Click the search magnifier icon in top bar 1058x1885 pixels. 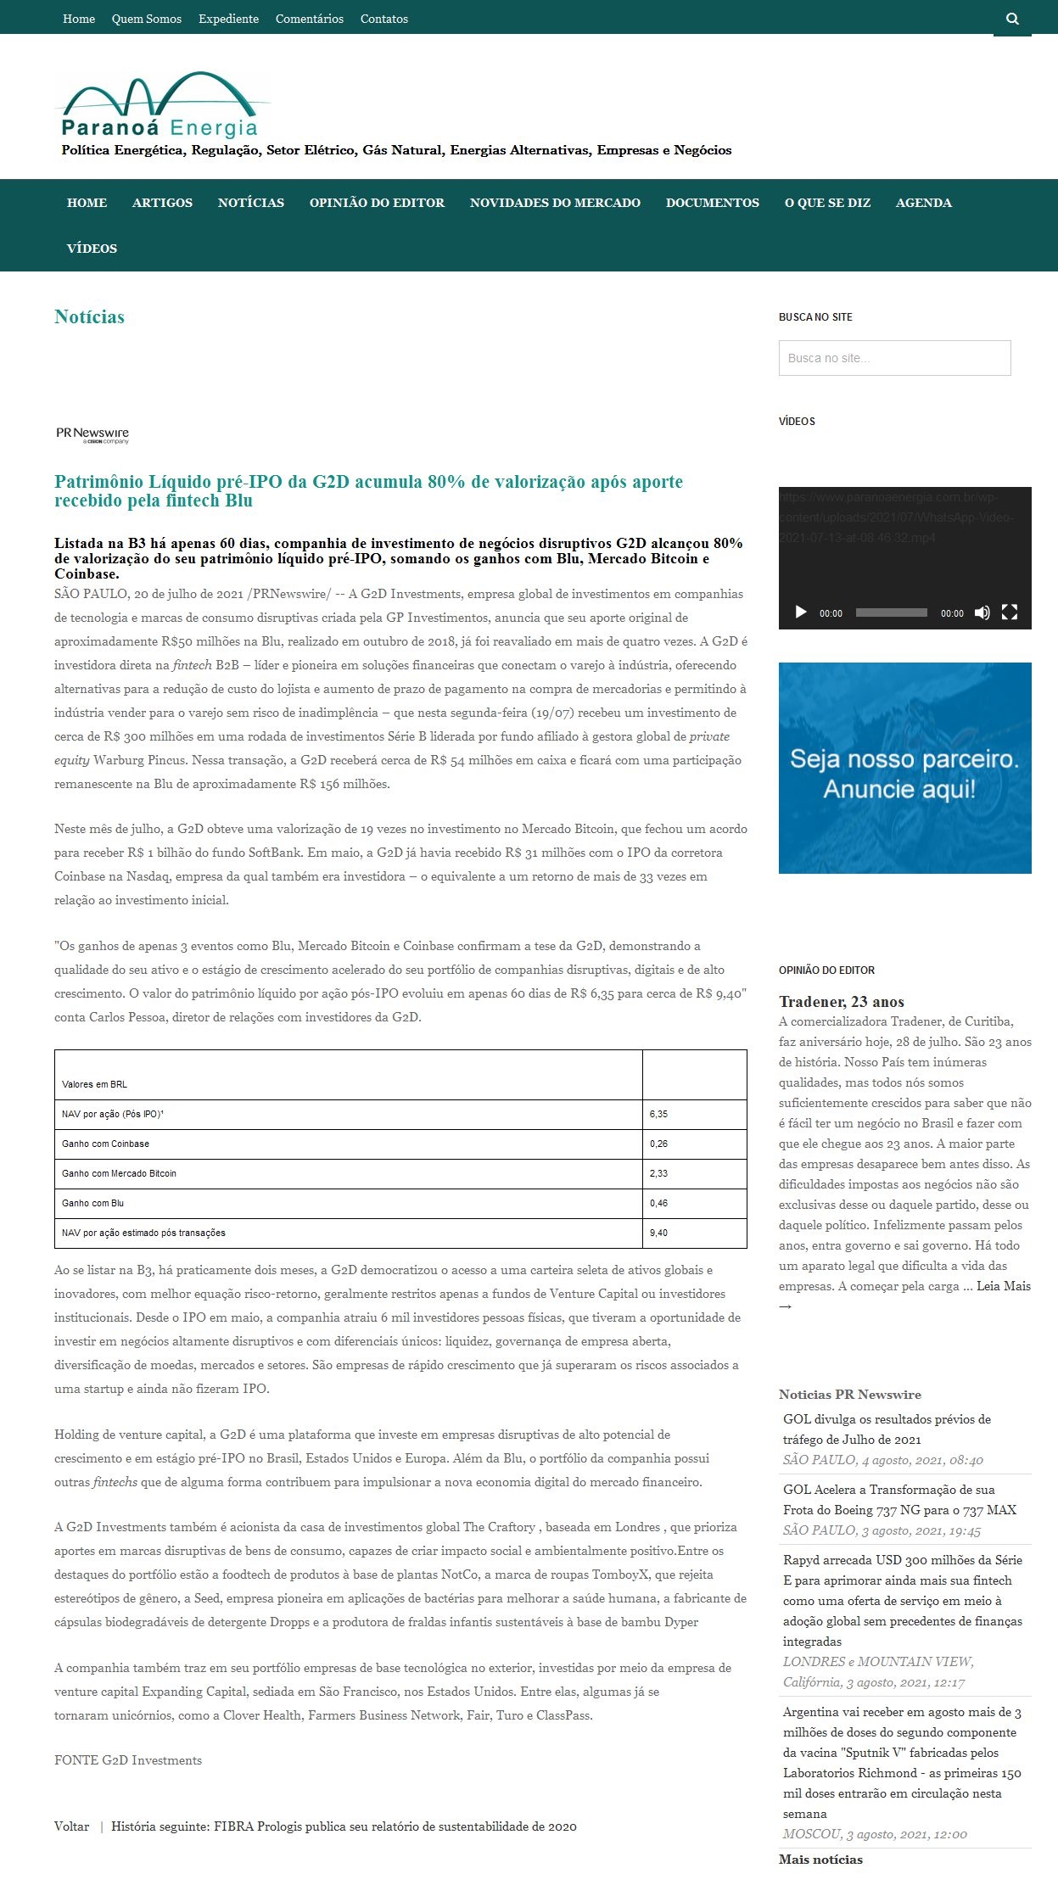point(1012,19)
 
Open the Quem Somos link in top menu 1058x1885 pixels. point(146,19)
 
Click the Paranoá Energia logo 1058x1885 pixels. point(161,107)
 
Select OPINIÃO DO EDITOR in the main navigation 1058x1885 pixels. point(377,203)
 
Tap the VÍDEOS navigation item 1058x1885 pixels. point(92,249)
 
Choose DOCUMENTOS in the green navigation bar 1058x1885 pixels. point(712,203)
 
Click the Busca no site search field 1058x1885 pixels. point(894,358)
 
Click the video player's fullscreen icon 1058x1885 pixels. point(1009,612)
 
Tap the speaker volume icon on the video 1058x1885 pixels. point(982,612)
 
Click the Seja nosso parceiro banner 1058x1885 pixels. point(904,768)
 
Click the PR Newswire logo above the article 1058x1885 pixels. point(92,435)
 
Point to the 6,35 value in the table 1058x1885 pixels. point(659,1114)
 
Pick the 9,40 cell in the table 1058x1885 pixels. point(659,1233)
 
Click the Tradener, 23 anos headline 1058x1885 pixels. point(841,1002)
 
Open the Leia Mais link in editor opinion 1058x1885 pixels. point(1004,1286)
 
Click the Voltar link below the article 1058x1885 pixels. point(71,1826)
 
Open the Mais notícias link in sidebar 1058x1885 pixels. point(820,1860)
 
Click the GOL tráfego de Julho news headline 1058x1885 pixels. point(887,1429)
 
